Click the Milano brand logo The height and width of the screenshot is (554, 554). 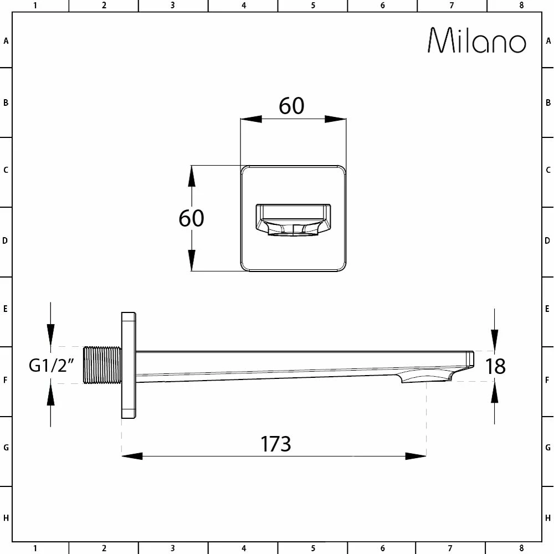[477, 40]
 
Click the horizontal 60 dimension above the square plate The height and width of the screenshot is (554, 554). [291, 106]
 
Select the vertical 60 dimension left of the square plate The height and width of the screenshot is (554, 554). [191, 218]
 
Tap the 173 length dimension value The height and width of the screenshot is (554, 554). [275, 444]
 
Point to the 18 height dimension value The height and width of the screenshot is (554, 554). [495, 366]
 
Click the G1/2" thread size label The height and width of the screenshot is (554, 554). [52, 365]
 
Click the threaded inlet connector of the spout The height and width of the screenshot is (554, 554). [102, 365]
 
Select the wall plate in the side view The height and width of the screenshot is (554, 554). [129, 365]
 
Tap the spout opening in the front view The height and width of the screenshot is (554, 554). [293, 220]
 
